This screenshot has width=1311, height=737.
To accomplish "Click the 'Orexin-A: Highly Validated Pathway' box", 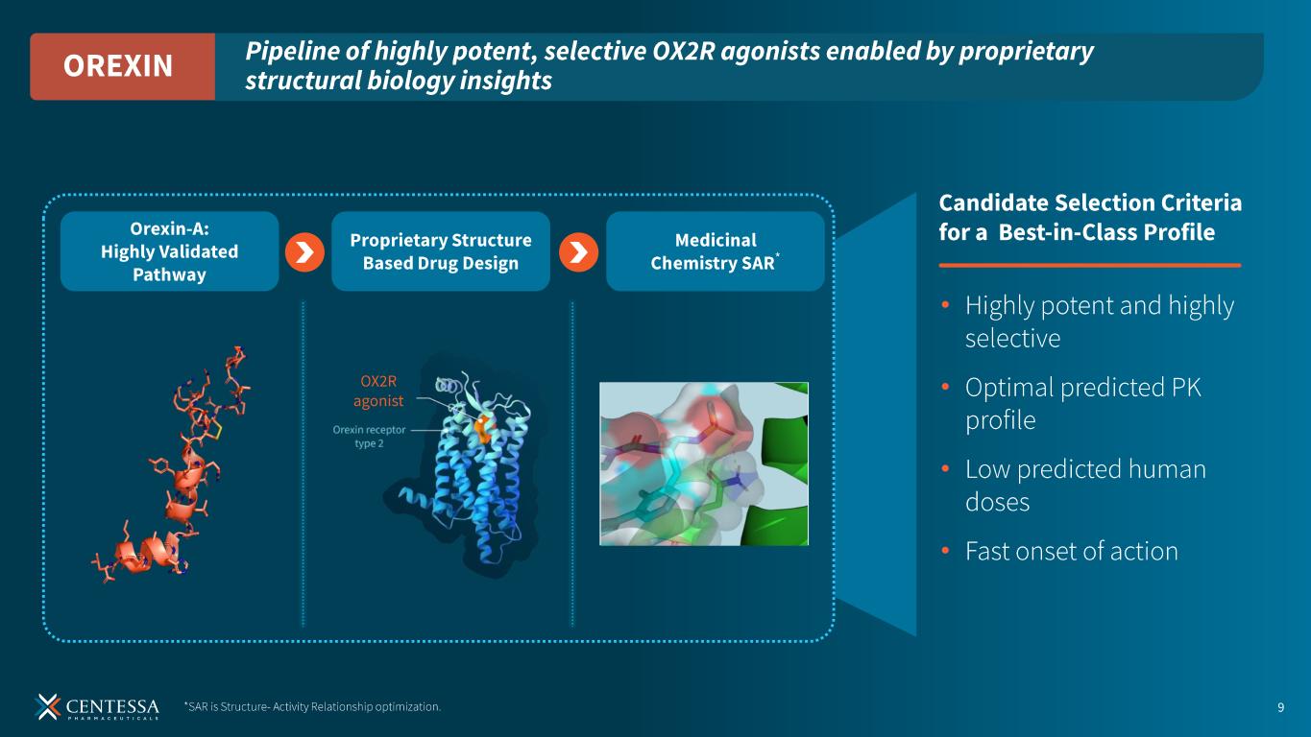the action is pyautogui.click(x=169, y=251).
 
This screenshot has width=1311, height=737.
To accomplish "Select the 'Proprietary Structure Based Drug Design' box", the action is pyautogui.click(x=441, y=251).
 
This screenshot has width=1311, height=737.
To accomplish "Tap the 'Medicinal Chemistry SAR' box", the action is pyautogui.click(x=716, y=251).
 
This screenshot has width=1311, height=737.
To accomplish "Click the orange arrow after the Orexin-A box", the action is pyautogui.click(x=304, y=252).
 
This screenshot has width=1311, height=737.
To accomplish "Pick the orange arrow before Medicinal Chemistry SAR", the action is pyautogui.click(x=578, y=252).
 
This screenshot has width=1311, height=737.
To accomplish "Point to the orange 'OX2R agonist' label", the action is pyautogui.click(x=378, y=391).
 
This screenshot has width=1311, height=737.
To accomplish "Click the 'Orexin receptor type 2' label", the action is pyautogui.click(x=370, y=437).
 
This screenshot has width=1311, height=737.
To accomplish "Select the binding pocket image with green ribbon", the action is pyautogui.click(x=704, y=464).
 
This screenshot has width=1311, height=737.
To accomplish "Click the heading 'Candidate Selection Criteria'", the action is pyautogui.click(x=1090, y=203).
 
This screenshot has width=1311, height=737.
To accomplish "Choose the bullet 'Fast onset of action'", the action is pyautogui.click(x=1071, y=551).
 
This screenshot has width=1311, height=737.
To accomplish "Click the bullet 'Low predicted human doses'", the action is pyautogui.click(x=1085, y=486).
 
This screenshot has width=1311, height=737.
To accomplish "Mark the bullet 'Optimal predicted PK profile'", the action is pyautogui.click(x=1082, y=404).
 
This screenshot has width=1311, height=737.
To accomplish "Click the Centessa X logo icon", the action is pyautogui.click(x=47, y=706).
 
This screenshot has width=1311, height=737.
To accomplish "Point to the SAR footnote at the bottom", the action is pyautogui.click(x=312, y=706).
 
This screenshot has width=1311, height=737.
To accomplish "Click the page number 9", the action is pyautogui.click(x=1280, y=707).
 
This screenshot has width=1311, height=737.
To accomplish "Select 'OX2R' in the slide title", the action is pyautogui.click(x=683, y=51).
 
